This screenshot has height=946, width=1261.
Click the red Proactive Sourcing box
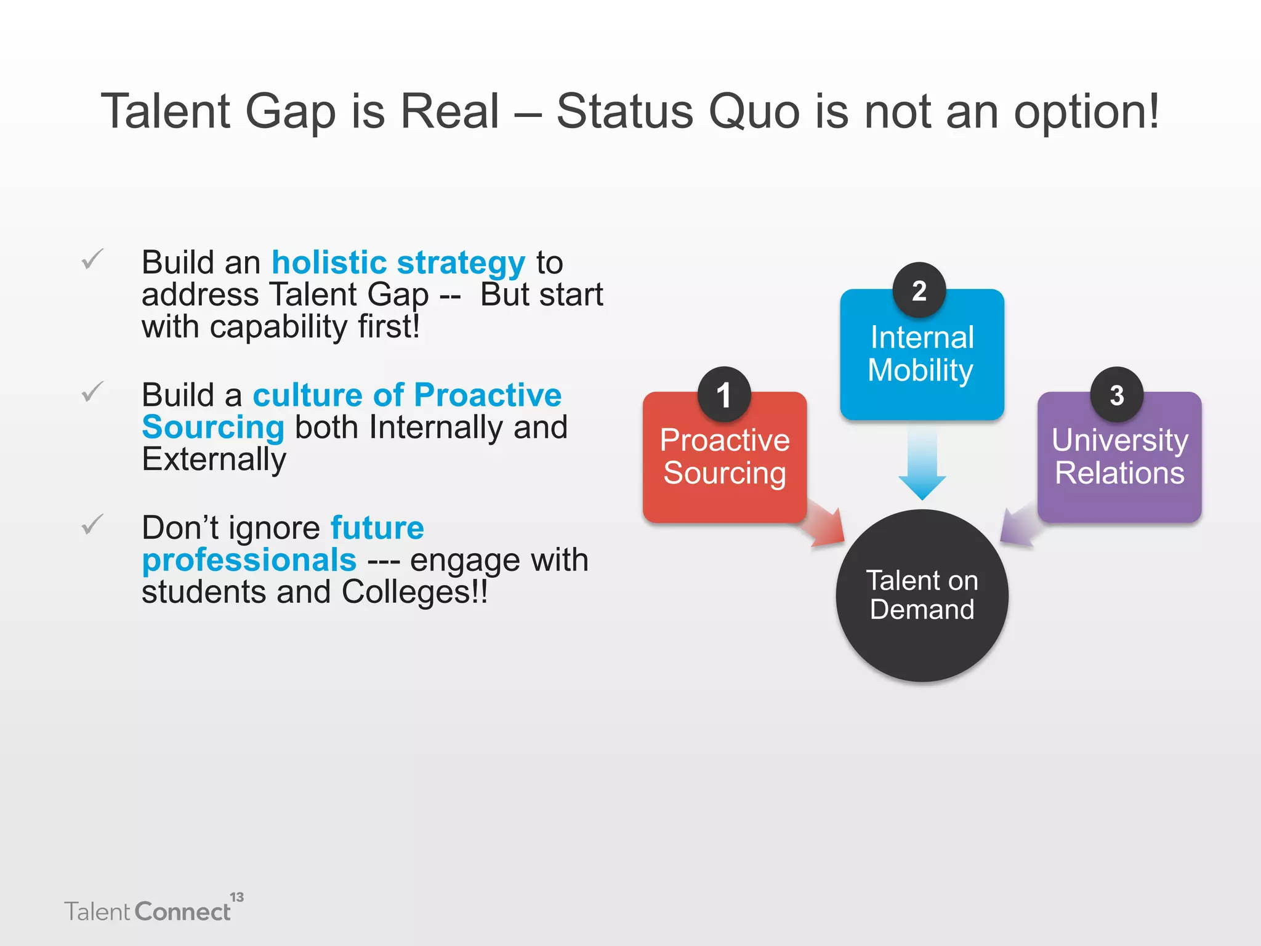(x=725, y=468)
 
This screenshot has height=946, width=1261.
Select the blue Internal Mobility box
(x=922, y=363)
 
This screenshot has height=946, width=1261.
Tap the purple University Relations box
(x=1119, y=468)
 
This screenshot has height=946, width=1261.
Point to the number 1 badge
(x=724, y=395)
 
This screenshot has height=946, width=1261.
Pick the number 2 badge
(x=919, y=290)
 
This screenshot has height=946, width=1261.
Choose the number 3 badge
(x=1116, y=395)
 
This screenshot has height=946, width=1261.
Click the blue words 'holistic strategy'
(x=398, y=262)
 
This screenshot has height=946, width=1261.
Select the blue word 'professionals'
(x=249, y=560)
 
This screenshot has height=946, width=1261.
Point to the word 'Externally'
(x=214, y=459)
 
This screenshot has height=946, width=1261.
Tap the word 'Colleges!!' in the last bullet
(x=414, y=592)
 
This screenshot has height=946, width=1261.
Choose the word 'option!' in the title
(x=1086, y=112)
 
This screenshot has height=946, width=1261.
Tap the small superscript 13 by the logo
(x=237, y=897)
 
